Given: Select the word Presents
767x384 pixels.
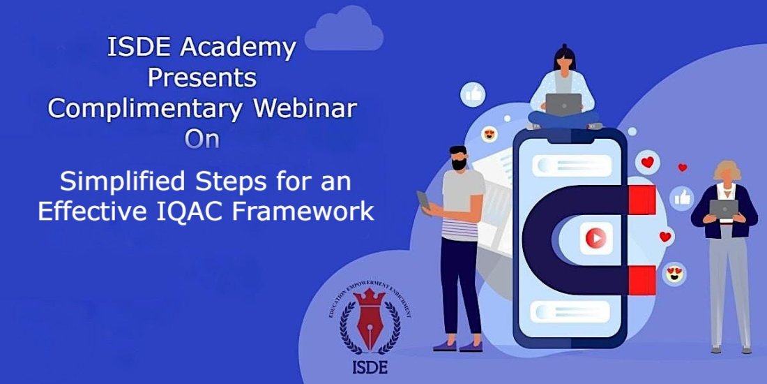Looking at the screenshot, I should (202, 77).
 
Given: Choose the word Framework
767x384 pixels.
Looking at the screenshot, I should (314, 211).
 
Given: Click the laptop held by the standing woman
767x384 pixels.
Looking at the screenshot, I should (723, 208).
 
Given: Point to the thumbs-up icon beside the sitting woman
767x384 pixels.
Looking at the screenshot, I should (473, 94).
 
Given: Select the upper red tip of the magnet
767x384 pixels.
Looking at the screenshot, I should (641, 200).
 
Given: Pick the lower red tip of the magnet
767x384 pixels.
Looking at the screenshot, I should (641, 280).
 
